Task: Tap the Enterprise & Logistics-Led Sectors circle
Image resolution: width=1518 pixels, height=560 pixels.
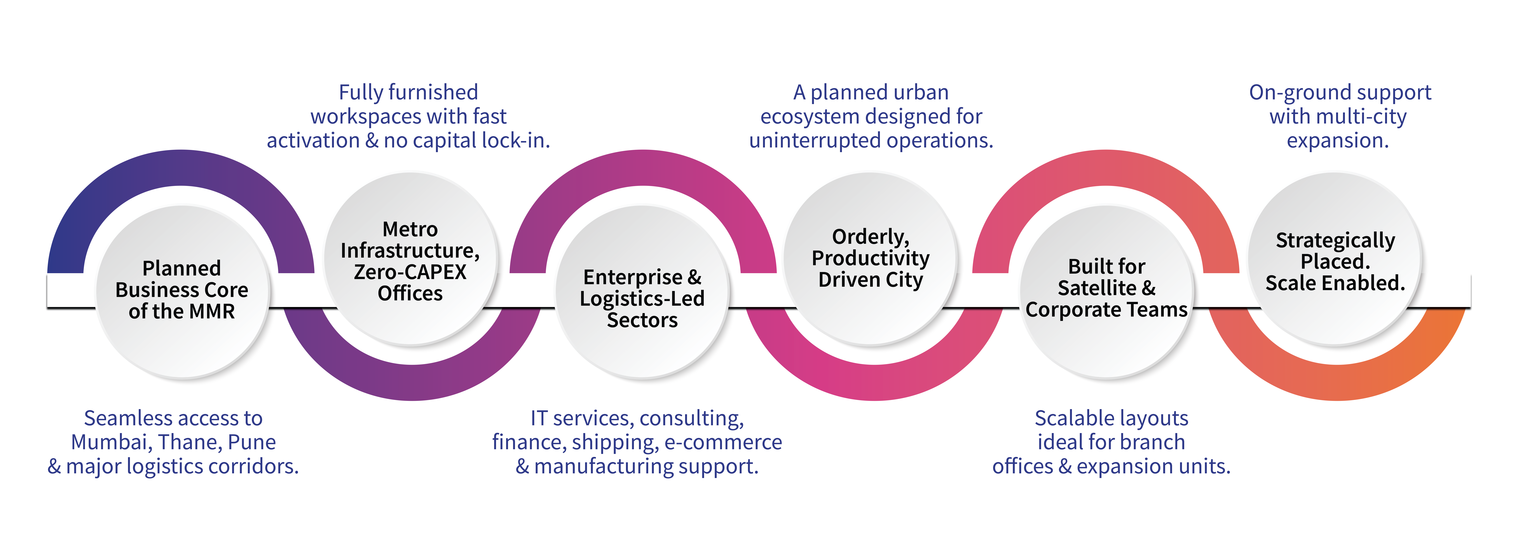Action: click(642, 294)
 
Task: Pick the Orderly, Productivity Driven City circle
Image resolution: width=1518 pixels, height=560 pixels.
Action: click(870, 259)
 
